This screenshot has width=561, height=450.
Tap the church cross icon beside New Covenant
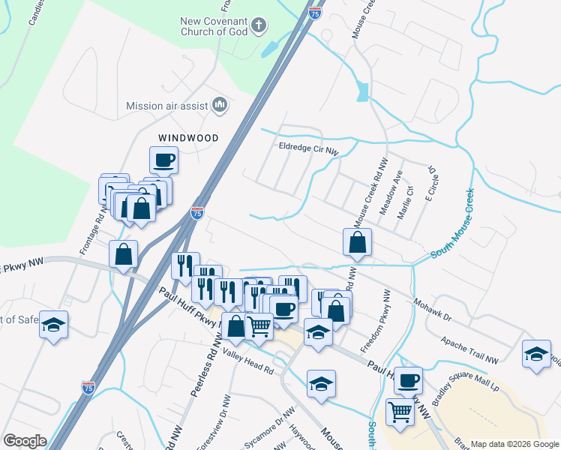[258, 25]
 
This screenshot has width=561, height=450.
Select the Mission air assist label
[166, 106]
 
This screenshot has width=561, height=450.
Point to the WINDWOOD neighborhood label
[187, 138]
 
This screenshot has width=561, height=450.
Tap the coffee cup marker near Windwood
[163, 160]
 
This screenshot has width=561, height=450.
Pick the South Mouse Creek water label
[452, 223]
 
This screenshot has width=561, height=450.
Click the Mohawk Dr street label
[432, 308]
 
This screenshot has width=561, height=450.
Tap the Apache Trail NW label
[469, 351]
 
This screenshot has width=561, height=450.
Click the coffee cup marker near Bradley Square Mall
[408, 380]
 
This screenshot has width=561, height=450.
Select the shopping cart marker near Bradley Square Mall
[400, 411]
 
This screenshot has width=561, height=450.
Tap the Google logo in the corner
[25, 441]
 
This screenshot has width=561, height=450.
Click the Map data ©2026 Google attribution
[514, 444]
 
